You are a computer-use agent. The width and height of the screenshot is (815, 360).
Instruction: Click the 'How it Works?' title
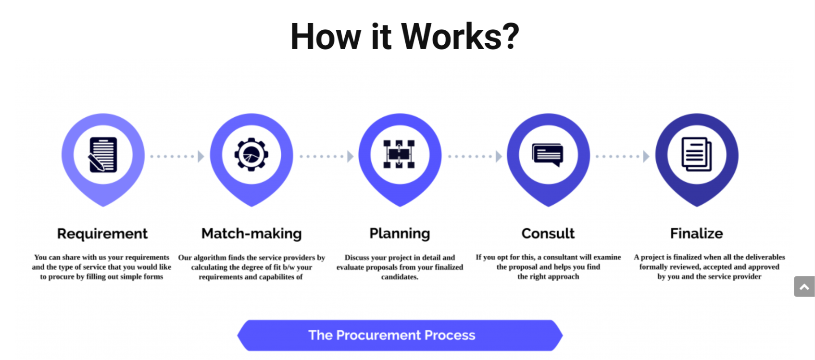[x=404, y=37]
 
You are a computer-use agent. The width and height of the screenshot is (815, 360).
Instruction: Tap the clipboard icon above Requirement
[x=102, y=155]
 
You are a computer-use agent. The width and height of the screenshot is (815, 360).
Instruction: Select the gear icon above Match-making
[x=251, y=155]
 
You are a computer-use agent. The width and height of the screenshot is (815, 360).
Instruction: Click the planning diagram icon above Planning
[x=399, y=154]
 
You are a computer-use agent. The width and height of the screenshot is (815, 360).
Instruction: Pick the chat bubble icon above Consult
[x=548, y=155]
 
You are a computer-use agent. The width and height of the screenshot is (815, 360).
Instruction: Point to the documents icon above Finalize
[x=696, y=154]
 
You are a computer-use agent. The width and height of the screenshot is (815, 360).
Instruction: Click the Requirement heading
[x=102, y=234]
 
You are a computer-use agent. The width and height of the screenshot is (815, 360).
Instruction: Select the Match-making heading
[x=251, y=234]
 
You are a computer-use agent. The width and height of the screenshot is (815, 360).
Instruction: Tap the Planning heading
[x=400, y=234]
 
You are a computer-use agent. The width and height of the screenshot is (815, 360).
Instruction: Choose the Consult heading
[x=548, y=234]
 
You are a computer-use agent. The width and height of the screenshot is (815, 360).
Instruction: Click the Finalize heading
[x=696, y=234]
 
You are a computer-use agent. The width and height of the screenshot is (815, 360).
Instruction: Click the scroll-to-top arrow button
[x=804, y=286]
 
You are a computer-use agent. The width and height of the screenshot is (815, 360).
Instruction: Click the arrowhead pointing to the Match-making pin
[x=201, y=156]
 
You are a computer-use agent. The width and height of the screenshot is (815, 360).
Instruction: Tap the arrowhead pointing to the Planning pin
[x=350, y=156]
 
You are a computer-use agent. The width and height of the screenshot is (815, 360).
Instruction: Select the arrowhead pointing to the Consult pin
[x=499, y=156]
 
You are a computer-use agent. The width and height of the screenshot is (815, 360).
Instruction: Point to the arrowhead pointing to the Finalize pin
[x=646, y=156]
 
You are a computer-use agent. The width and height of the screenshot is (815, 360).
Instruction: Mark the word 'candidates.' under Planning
[x=400, y=277]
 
